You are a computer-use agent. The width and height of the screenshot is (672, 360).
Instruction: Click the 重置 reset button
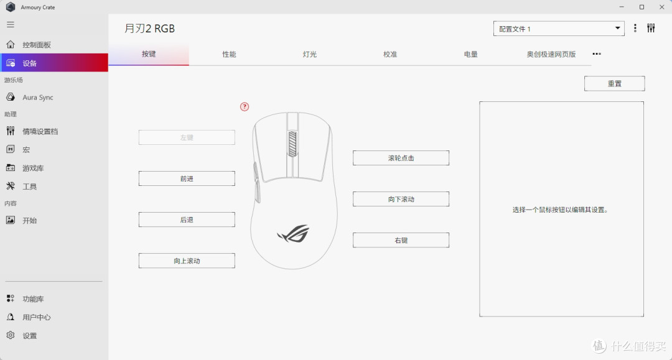click(614, 83)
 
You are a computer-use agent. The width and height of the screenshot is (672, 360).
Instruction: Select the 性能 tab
click(229, 54)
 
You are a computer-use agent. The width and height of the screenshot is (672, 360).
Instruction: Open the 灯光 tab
click(309, 54)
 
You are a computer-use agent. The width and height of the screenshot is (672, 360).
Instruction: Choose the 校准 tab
click(390, 54)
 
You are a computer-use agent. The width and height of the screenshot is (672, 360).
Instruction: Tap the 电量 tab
click(470, 54)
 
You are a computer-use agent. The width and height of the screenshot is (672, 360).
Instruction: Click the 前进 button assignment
click(187, 178)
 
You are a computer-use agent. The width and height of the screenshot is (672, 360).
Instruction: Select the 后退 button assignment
click(187, 219)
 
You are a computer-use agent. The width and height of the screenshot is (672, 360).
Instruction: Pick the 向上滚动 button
click(187, 261)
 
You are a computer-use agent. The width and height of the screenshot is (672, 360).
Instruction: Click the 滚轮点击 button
click(401, 158)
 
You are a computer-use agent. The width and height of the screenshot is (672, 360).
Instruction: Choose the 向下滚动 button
click(401, 199)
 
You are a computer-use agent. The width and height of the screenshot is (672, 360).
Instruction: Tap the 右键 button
click(401, 240)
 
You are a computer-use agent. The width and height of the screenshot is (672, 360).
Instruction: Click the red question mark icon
click(245, 106)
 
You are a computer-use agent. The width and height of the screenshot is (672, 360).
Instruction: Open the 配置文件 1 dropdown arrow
click(618, 28)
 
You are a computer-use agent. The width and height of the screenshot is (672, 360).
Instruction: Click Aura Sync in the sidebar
click(38, 97)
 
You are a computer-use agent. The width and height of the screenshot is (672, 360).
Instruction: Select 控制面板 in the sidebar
click(37, 45)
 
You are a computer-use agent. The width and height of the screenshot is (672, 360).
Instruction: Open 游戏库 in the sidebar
click(33, 168)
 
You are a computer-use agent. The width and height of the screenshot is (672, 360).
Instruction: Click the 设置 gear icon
click(11, 335)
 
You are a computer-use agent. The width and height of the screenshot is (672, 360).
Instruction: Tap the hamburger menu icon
click(11, 25)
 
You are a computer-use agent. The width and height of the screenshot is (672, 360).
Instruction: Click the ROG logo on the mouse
click(293, 234)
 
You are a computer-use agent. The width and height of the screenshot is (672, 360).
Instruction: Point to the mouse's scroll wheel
click(292, 144)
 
